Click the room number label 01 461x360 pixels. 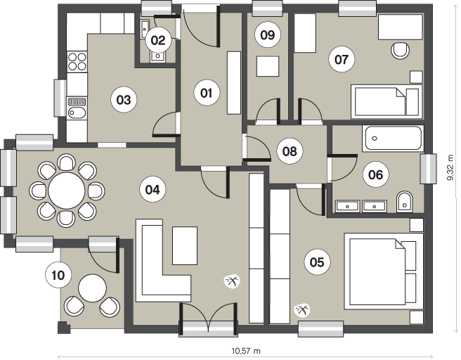(207, 93)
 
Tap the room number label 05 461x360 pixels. (317, 262)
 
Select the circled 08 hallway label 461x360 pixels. (290, 151)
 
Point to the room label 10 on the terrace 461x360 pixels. (58, 276)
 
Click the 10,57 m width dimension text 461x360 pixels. (246, 351)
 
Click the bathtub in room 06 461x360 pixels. (393, 138)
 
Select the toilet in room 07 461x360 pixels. (400, 50)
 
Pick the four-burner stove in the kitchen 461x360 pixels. (77, 61)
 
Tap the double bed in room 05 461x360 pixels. (384, 271)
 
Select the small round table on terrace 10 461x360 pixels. (93, 288)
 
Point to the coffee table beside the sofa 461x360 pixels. (185, 245)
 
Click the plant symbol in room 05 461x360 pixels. (302, 310)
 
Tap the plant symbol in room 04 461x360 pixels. (233, 281)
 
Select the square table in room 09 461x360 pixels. (268, 67)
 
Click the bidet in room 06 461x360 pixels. (405, 202)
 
